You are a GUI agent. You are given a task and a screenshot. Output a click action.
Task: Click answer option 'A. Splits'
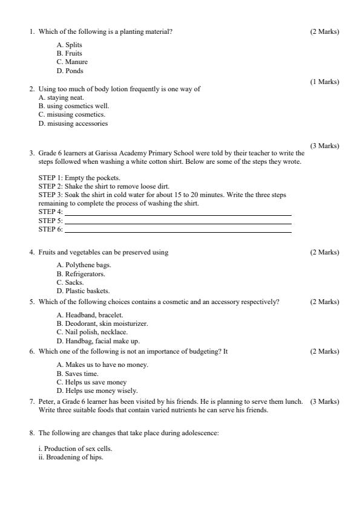(x=69, y=45)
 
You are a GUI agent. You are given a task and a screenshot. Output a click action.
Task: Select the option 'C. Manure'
(x=72, y=62)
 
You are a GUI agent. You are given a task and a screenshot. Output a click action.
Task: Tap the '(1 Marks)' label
(x=324, y=82)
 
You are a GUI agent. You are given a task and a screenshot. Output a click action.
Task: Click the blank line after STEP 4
(x=177, y=213)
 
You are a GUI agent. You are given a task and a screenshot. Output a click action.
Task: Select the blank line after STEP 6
(x=177, y=230)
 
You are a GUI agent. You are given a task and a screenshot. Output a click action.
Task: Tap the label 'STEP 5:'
(x=50, y=221)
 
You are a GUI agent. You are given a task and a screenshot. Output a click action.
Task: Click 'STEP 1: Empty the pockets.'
(x=79, y=178)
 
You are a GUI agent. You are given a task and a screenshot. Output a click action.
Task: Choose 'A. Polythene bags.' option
(x=83, y=265)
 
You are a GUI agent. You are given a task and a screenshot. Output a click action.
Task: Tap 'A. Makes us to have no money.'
(x=102, y=365)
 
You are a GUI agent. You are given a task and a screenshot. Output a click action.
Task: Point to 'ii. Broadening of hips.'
(x=70, y=458)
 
